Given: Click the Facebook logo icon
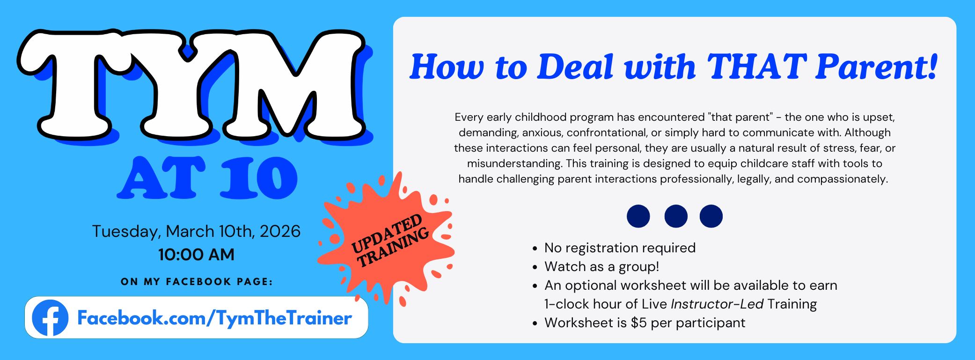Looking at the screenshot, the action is tap(50, 318).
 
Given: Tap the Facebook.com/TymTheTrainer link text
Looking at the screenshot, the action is tap(214, 318).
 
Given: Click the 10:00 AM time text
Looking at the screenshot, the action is tap(196, 255).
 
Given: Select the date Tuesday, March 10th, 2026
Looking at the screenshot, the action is tap(196, 231).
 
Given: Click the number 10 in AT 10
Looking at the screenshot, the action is tap(259, 178).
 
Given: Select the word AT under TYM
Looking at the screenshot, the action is tap(162, 178).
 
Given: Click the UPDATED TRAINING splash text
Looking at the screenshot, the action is tap(390, 241).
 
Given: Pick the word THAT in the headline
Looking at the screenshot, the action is tap(757, 66).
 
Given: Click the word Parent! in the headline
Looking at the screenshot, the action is tap(877, 66).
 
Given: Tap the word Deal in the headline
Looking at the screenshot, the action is tap(575, 66).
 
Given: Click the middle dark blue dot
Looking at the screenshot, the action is tap(676, 216).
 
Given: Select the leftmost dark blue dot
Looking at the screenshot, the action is tap(638, 216).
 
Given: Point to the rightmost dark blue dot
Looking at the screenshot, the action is tap(711, 216).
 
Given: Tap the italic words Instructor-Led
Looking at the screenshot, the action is tap(717, 304).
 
